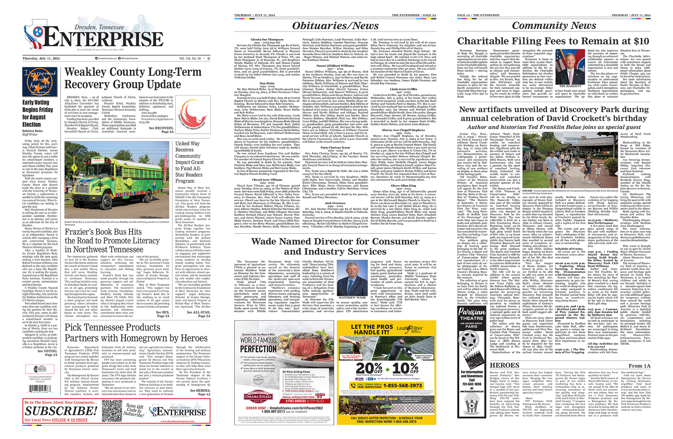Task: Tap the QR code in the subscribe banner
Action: point(111,410)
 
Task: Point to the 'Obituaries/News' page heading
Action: point(335,26)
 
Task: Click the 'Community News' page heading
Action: point(554,26)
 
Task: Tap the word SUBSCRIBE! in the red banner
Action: point(61,411)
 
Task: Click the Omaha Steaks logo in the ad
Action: point(258,397)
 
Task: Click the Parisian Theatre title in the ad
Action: point(472,315)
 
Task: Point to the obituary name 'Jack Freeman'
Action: point(335,203)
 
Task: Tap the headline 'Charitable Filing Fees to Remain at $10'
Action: point(553,41)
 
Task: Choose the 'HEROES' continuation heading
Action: point(504,366)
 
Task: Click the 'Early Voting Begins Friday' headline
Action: point(38,113)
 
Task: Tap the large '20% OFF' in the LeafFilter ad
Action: point(369,369)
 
